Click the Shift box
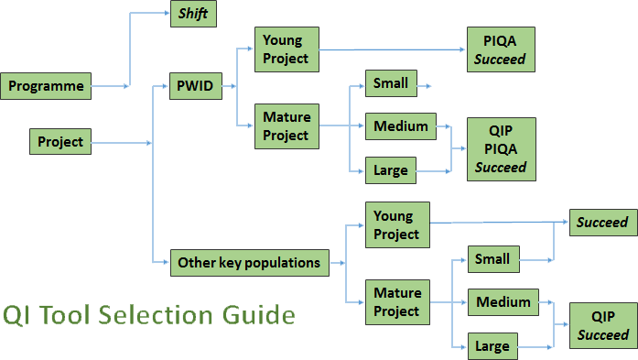pyautogui.click(x=193, y=16)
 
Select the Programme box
pyautogui.click(x=47, y=87)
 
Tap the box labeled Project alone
pyautogui.click(x=60, y=142)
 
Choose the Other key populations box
pyautogui.click(x=249, y=263)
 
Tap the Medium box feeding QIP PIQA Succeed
pyautogui.click(x=401, y=126)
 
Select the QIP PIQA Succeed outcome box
pyautogui.click(x=501, y=149)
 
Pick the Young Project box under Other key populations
pyautogui.click(x=397, y=225)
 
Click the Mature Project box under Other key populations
pyautogui.click(x=397, y=302)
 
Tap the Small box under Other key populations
pyautogui.click(x=492, y=259)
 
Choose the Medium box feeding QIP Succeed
pyautogui.click(x=503, y=302)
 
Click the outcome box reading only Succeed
pyautogui.click(x=602, y=222)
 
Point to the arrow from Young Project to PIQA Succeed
pyautogui.click(x=394, y=49)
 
